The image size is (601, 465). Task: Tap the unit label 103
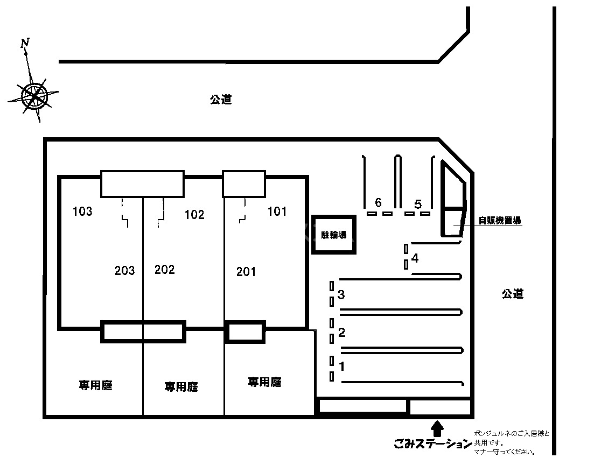coord(82,212)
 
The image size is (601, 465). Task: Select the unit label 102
coord(194,215)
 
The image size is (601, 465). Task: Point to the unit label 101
coord(277,212)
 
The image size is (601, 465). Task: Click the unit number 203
coord(124,270)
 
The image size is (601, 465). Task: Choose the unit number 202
coord(164,270)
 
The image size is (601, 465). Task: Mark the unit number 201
coord(246,272)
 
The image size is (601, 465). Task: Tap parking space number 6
coord(378,203)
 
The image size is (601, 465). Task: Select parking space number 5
coord(418,204)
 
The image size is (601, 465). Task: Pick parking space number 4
coord(415,258)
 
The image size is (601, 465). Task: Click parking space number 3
coord(341,295)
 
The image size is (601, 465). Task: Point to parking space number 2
coord(341,332)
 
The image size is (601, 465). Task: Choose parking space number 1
coord(341,366)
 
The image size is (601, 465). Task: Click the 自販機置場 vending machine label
coord(500,220)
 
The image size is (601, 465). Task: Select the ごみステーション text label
coord(432,445)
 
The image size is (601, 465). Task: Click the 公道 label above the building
coord(221,100)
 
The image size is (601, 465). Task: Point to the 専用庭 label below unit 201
coord(264,382)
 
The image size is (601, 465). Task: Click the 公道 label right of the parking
coord(513,294)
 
